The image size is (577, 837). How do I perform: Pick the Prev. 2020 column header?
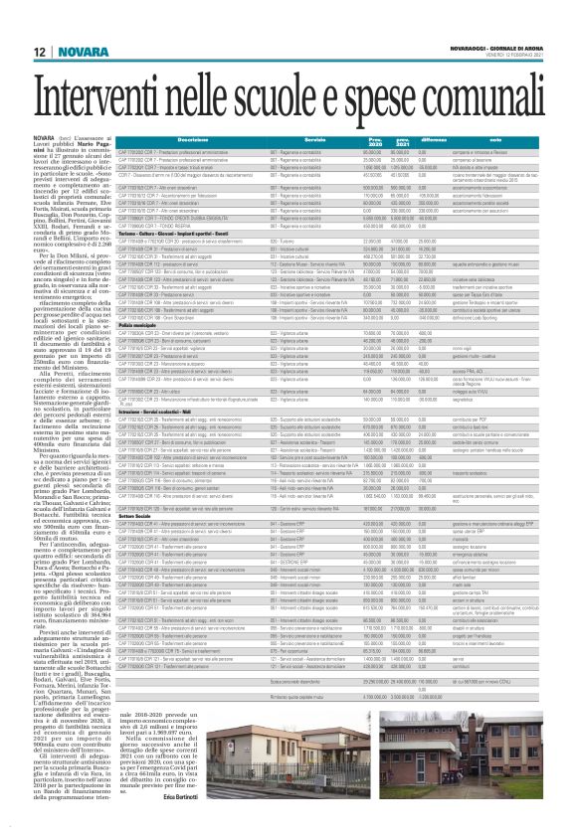[x=376, y=141]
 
